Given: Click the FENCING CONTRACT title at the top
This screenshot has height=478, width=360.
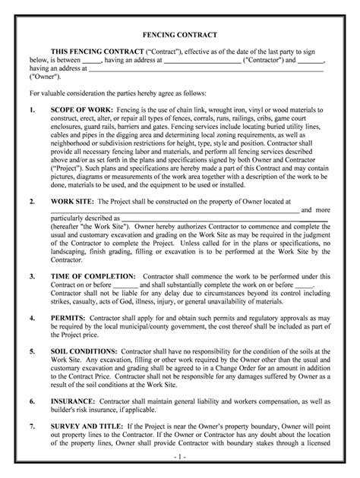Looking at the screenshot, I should (x=181, y=36).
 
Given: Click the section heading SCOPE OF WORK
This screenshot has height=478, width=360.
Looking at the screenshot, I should (x=81, y=109).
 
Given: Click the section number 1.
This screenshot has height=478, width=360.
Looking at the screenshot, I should (x=31, y=109).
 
